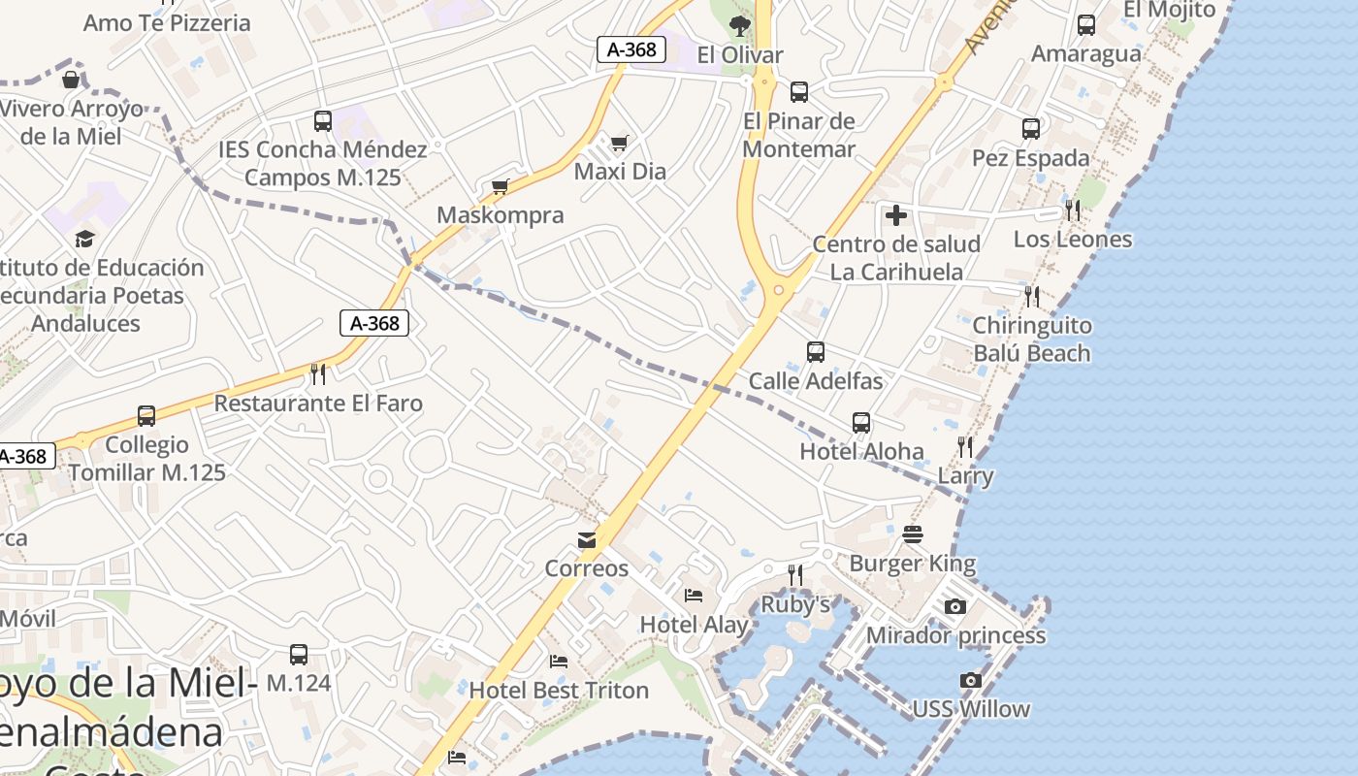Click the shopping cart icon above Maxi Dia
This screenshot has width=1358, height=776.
[619, 144]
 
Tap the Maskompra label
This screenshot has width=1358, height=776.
[500, 215]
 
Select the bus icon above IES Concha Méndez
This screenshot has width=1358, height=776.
[323, 121]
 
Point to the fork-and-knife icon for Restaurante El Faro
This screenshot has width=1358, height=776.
[318, 373]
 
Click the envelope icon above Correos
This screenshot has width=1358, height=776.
[587, 540]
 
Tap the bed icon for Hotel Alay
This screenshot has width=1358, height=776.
[694, 595]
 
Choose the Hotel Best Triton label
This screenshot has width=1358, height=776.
[559, 691]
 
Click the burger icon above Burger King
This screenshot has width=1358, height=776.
[913, 534]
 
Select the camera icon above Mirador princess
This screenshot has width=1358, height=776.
[955, 607]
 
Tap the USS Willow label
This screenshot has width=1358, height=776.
[971, 709]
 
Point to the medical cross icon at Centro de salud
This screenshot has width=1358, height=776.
[896, 215]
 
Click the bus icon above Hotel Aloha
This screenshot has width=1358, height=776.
[861, 423]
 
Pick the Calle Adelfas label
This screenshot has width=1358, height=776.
[816, 381]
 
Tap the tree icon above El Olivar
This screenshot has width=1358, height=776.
[740, 25]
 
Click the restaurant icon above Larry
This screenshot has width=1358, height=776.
[965, 447]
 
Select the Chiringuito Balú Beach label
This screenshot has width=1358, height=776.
[1031, 339]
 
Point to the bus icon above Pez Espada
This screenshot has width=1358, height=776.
[1031, 128]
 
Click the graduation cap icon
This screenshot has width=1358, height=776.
[85, 239]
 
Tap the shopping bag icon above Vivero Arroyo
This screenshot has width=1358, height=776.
[71, 80]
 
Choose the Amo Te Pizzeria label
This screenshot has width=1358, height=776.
[167, 23]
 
